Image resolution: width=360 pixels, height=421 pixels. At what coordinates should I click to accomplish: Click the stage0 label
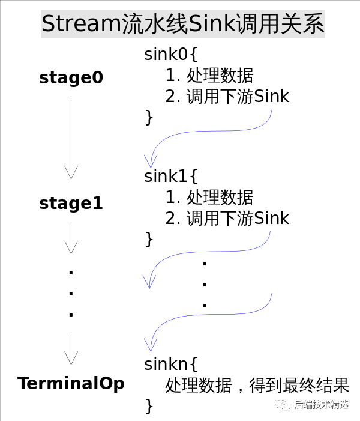(x=71, y=78)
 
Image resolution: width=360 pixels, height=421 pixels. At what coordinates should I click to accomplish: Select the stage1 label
(x=71, y=204)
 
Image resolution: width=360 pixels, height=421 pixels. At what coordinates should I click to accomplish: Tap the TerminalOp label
(x=71, y=383)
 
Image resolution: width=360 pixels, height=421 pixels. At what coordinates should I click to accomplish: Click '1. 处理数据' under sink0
(x=209, y=76)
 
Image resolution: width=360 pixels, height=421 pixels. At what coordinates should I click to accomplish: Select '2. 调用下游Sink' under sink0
(x=227, y=96)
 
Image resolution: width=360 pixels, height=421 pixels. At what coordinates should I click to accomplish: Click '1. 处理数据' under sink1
(x=209, y=197)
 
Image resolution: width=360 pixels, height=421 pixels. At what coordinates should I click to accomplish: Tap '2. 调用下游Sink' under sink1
(x=227, y=217)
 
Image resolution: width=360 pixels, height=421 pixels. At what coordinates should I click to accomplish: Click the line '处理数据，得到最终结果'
(x=257, y=384)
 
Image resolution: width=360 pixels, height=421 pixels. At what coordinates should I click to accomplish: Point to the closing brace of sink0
(x=149, y=117)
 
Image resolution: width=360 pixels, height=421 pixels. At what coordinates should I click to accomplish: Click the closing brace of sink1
(x=149, y=238)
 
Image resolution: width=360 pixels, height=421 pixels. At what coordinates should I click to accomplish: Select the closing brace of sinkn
(x=149, y=405)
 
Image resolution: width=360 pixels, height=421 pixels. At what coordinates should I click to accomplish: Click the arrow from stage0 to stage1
(x=71, y=139)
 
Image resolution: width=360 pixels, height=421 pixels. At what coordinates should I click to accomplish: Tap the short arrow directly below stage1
(x=71, y=237)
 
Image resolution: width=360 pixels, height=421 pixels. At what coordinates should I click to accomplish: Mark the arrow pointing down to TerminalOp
(x=71, y=348)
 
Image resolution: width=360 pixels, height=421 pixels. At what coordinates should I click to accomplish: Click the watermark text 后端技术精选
(x=321, y=405)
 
